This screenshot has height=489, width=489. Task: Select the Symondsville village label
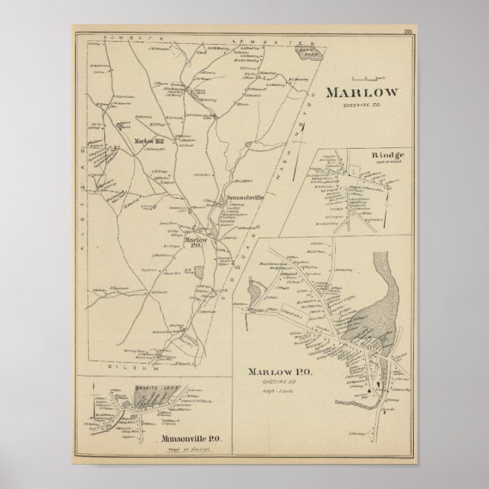(x=245, y=199)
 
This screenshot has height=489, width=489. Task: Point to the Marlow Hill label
(x=150, y=140)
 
